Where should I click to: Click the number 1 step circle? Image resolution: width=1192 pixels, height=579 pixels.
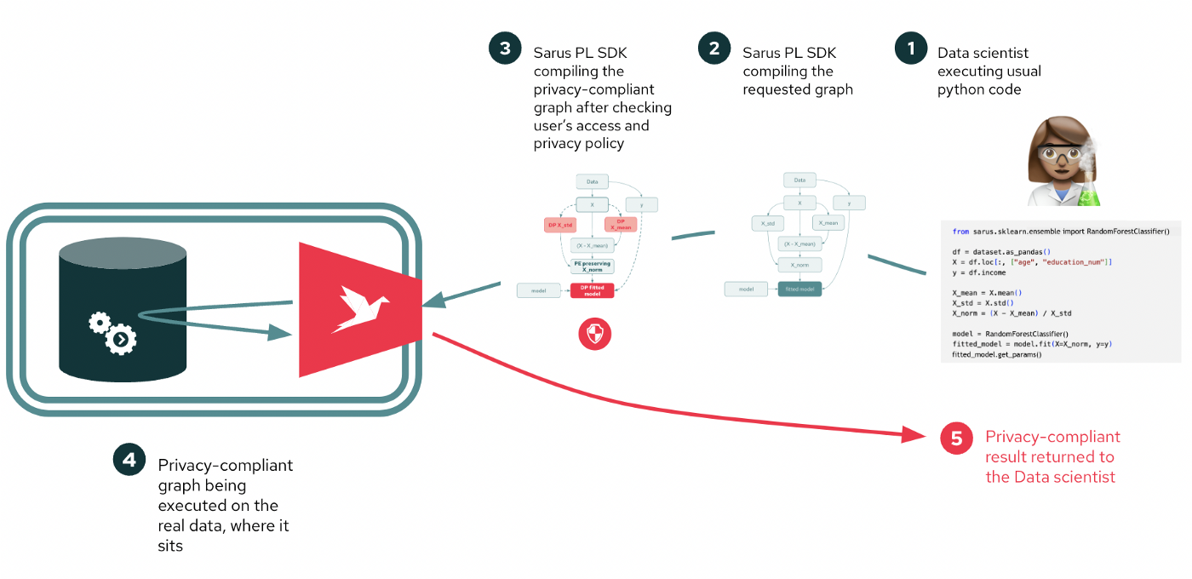coord(911,49)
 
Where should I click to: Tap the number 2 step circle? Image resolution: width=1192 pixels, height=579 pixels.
coord(713,49)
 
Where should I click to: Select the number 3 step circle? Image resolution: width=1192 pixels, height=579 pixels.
coord(505,49)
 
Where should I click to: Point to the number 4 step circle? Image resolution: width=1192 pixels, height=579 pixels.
coord(129,460)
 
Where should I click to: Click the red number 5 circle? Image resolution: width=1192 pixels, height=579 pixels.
coord(956,438)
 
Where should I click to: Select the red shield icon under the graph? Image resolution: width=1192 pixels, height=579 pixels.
coord(594,335)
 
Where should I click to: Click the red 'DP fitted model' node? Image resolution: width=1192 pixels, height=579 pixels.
coord(592,290)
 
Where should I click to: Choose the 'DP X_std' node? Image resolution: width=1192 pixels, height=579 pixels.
coord(560,225)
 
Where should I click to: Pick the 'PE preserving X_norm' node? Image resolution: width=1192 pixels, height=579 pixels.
coord(592,267)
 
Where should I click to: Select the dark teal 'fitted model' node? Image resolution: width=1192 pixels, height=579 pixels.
coord(799,289)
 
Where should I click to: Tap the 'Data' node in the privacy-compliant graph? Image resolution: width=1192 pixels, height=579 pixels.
coord(592,181)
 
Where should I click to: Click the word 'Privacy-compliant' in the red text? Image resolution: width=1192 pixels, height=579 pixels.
coord(1052,437)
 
